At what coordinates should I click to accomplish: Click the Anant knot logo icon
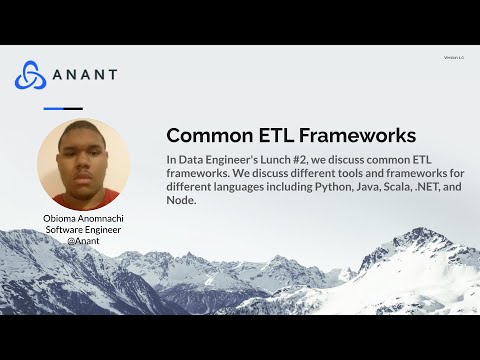(31, 75)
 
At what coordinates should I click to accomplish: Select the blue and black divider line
(63, 108)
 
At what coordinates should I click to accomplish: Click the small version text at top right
(453, 57)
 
